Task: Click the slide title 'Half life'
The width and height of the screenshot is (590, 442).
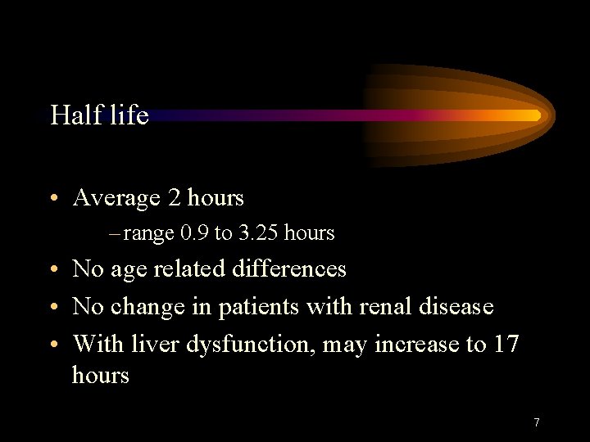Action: [x=99, y=115]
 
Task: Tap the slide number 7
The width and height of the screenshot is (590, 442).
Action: [x=536, y=422]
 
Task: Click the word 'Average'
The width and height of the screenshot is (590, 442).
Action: [x=116, y=198]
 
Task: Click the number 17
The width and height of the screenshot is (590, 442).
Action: [x=506, y=344]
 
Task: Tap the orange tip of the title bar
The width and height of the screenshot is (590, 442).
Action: [x=533, y=115]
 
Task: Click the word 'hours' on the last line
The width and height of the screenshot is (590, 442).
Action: [x=101, y=376]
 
